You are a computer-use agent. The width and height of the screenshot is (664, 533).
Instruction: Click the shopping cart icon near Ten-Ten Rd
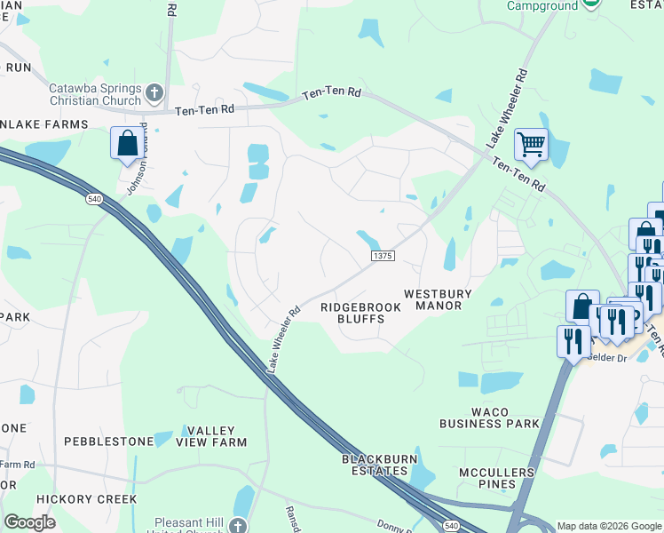pyautogui.click(x=531, y=143)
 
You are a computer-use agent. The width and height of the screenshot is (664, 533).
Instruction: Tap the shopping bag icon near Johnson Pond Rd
pyautogui.click(x=127, y=143)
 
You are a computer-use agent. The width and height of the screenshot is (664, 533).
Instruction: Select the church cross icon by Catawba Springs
pyautogui.click(x=154, y=91)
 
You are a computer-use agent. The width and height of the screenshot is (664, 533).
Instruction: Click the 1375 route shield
pyautogui.click(x=383, y=256)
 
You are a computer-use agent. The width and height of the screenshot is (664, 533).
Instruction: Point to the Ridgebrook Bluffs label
pyautogui.click(x=360, y=313)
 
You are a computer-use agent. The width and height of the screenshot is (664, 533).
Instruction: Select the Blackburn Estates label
pyautogui.click(x=375, y=465)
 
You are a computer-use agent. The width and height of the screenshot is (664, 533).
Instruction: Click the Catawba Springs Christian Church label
pyautogui.click(x=95, y=95)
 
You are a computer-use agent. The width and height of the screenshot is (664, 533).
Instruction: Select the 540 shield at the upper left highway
pyautogui.click(x=94, y=198)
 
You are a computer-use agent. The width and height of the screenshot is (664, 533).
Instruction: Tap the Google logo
pyautogui.click(x=29, y=522)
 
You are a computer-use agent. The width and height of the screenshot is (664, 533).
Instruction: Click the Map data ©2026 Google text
pyautogui.click(x=608, y=526)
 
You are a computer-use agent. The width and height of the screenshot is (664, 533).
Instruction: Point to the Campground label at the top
pyautogui.click(x=541, y=5)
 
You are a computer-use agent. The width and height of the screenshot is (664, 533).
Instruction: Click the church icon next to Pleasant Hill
pyautogui.click(x=238, y=526)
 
